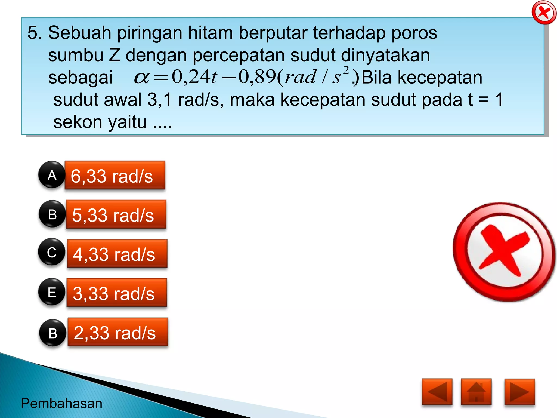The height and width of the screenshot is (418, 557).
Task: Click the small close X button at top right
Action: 544,13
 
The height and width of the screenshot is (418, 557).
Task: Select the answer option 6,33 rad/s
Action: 115,176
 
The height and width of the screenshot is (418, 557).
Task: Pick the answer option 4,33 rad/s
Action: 117,254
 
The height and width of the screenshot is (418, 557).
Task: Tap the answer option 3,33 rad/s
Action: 117,293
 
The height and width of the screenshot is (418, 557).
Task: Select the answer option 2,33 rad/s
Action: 117,332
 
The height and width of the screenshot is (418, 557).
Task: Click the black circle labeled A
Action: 52,175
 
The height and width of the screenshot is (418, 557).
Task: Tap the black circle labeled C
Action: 52,252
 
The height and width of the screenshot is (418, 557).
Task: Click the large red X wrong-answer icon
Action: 504,252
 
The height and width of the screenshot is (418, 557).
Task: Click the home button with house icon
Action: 476,392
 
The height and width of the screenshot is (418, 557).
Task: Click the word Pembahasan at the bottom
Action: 61,403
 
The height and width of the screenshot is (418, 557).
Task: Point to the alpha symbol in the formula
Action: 141,78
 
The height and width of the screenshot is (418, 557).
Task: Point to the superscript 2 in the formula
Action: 346,70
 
